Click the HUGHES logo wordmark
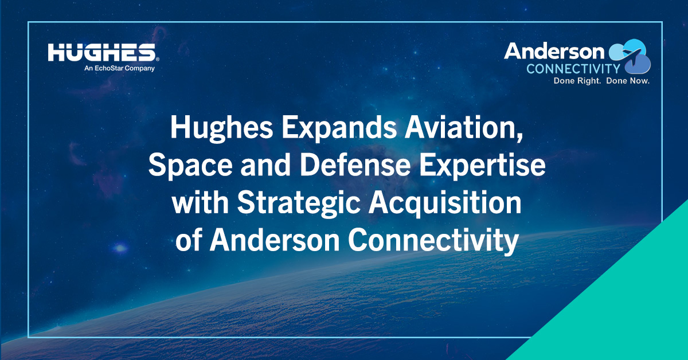point(101,53)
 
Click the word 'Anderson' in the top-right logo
point(554,52)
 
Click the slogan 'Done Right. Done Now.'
point(601,81)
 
